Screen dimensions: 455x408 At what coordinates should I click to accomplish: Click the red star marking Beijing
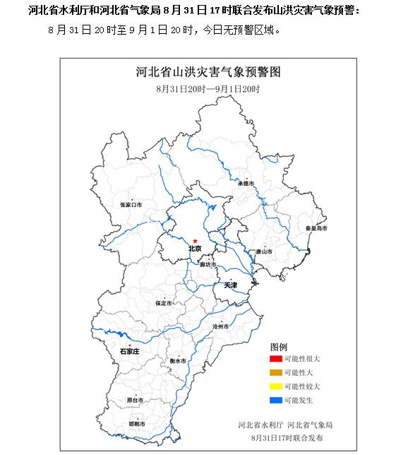(x=196, y=241)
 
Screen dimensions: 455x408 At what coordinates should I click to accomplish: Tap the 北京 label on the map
(x=195, y=249)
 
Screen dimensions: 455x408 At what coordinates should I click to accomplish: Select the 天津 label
(x=231, y=285)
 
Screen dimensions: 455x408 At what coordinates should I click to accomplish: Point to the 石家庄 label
(x=130, y=350)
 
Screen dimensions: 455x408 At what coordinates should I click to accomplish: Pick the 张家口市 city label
(x=131, y=204)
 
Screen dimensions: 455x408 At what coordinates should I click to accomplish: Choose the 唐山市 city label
(x=263, y=251)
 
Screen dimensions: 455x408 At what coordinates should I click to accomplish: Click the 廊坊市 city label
(x=207, y=264)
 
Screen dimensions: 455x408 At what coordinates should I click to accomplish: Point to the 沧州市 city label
(x=222, y=326)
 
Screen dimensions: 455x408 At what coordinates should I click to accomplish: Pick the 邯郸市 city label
(x=138, y=424)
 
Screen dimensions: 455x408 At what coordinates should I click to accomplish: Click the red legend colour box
(x=276, y=360)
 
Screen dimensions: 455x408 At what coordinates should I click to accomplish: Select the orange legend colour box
(x=276, y=373)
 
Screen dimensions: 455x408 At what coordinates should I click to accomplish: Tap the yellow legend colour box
(x=276, y=386)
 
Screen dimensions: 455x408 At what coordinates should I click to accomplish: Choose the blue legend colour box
(x=276, y=400)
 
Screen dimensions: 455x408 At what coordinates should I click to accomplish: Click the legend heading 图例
(x=279, y=347)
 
